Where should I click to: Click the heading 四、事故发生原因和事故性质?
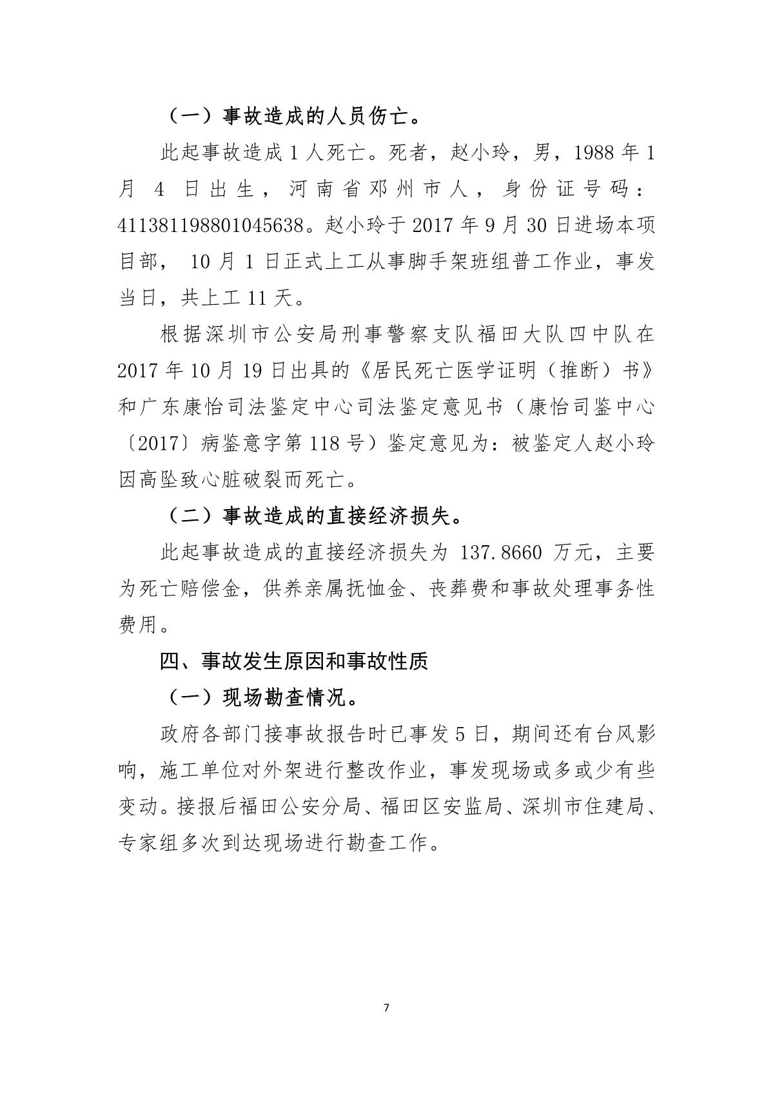tap(294, 662)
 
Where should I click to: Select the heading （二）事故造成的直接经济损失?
tap(313, 517)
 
